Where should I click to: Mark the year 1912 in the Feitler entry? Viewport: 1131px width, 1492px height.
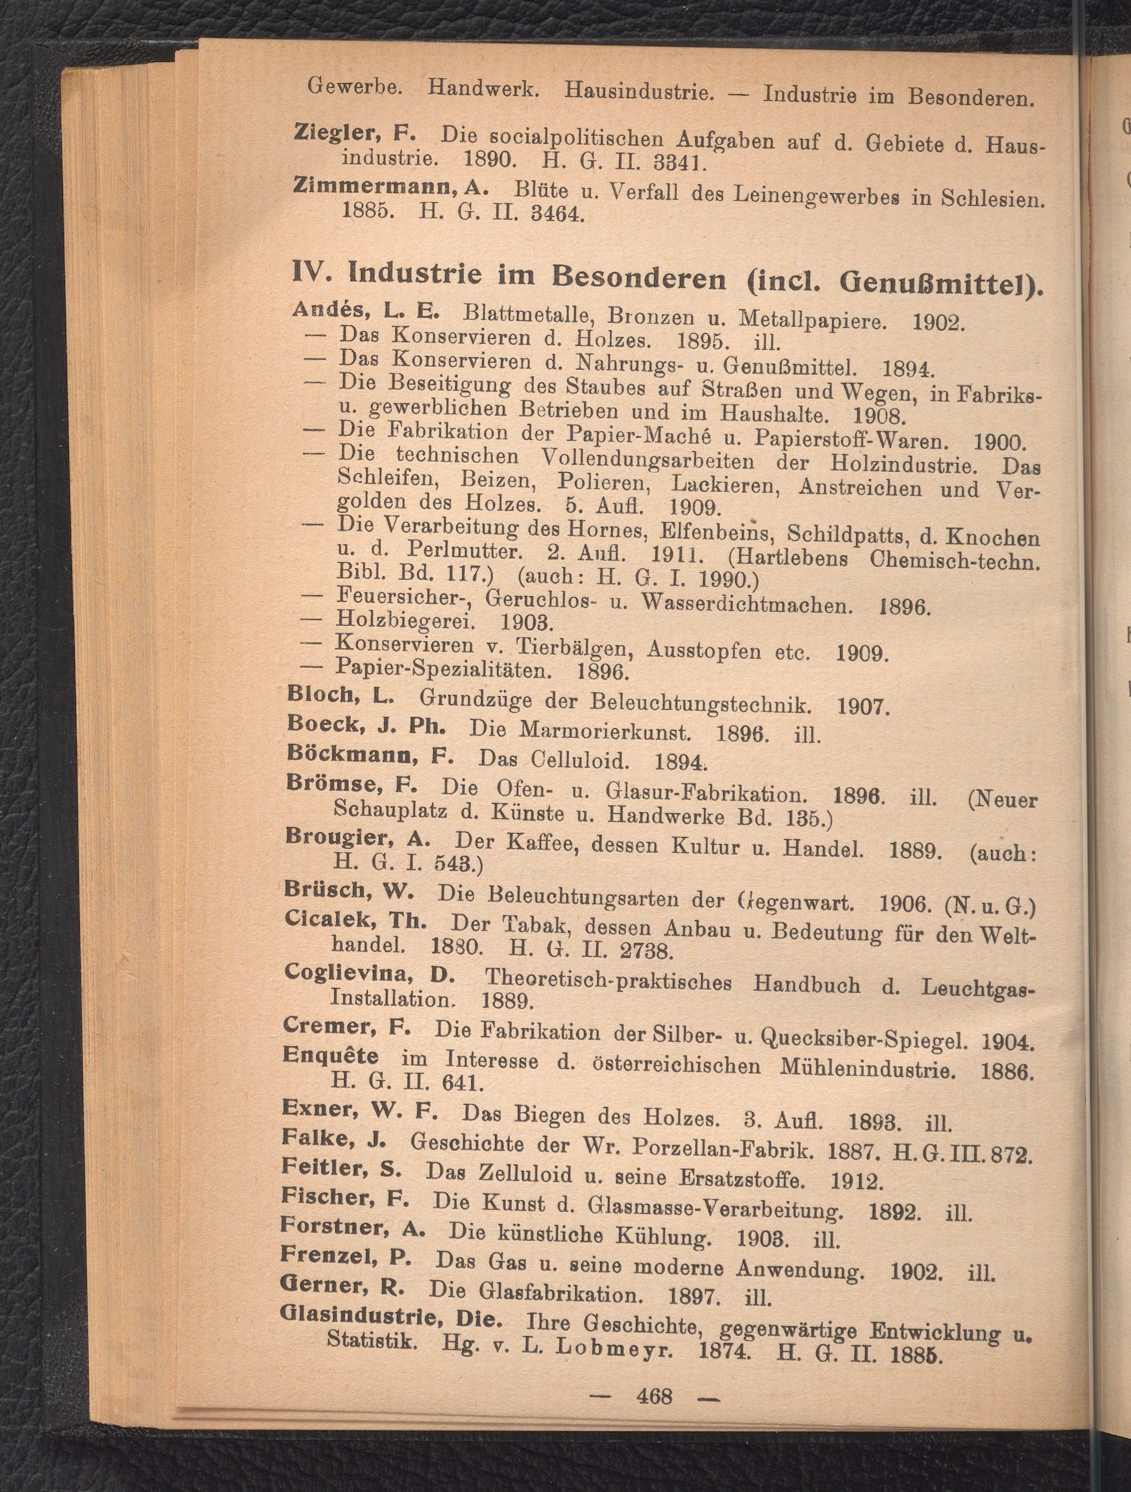pyautogui.click(x=857, y=1181)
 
